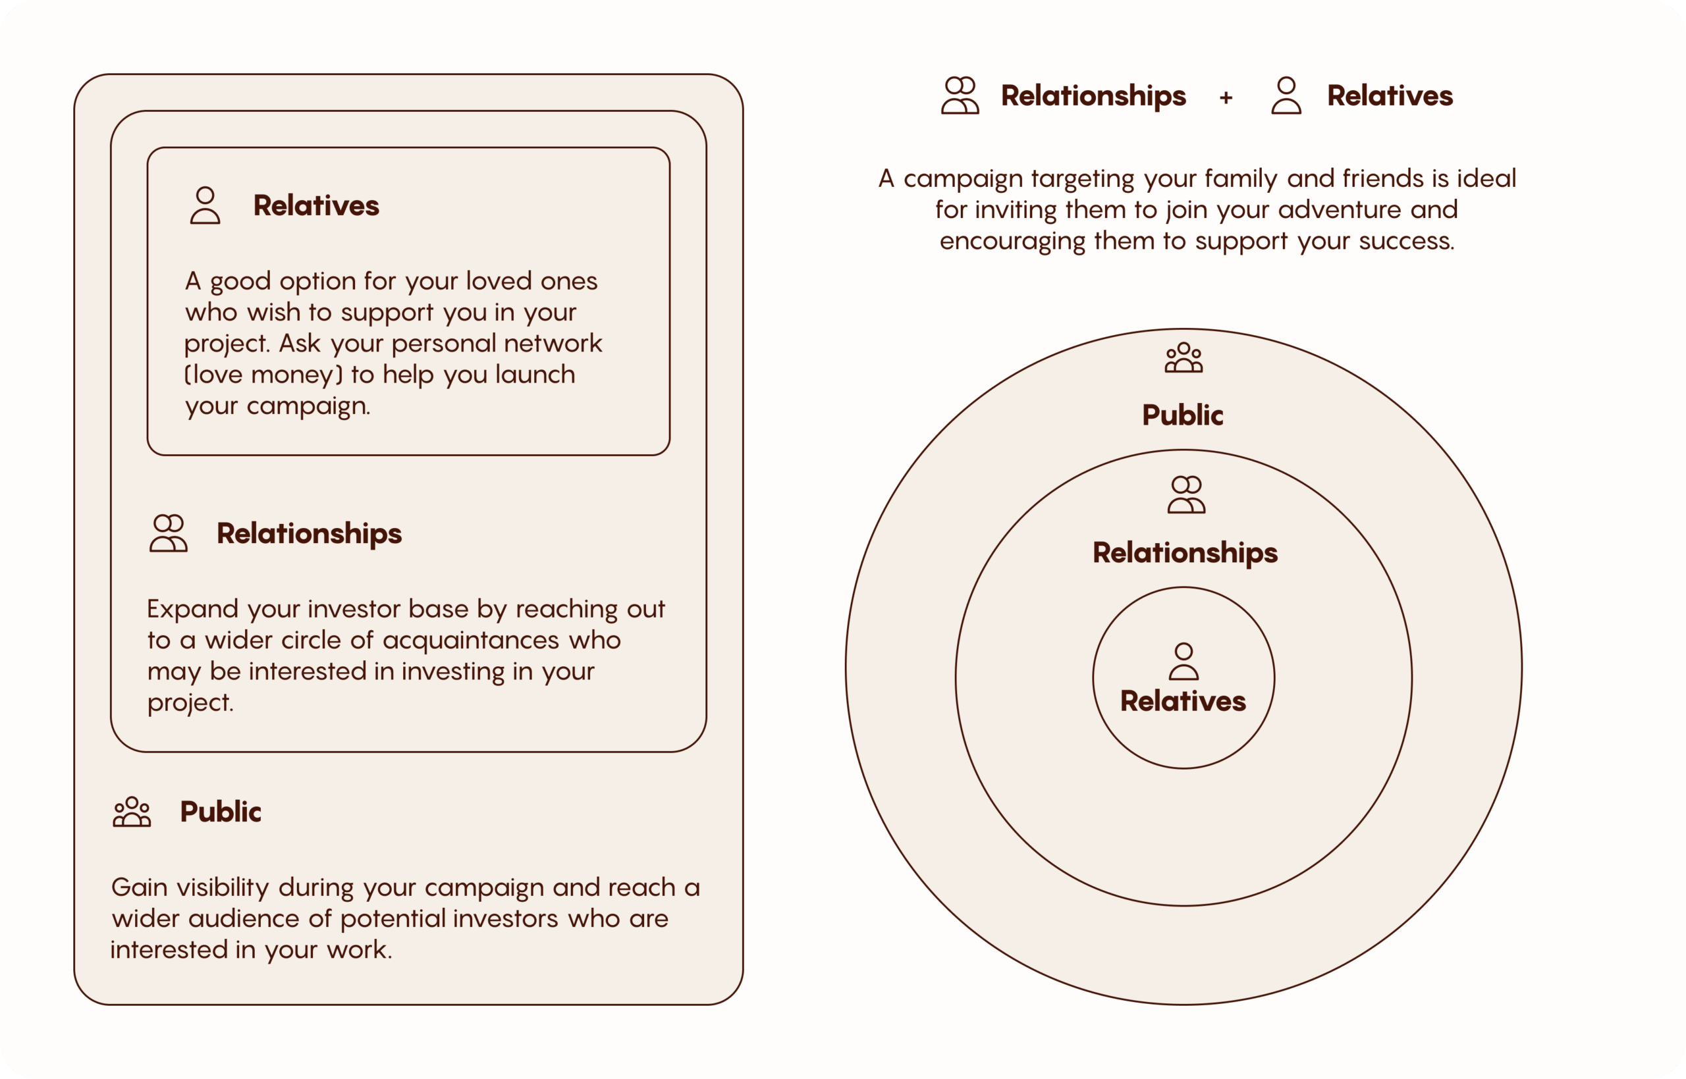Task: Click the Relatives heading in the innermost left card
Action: pyautogui.click(x=316, y=205)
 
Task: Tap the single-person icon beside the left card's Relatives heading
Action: pyautogui.click(x=205, y=205)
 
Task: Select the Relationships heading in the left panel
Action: pyautogui.click(x=309, y=533)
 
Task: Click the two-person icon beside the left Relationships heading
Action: pyautogui.click(x=168, y=533)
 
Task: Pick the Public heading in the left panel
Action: pyautogui.click(x=221, y=811)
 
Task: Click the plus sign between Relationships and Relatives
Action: pyautogui.click(x=1226, y=97)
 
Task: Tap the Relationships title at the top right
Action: pyautogui.click(x=1093, y=96)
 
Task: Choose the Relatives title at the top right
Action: pyautogui.click(x=1390, y=96)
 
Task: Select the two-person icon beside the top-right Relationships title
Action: pyautogui.click(x=960, y=96)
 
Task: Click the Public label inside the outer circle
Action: pyautogui.click(x=1183, y=415)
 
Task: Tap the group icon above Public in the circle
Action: pyautogui.click(x=1183, y=357)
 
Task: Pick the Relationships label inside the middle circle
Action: pyautogui.click(x=1185, y=553)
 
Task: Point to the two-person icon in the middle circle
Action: pyautogui.click(x=1185, y=494)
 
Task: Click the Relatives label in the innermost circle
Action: pyautogui.click(x=1183, y=701)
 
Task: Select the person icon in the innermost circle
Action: pyautogui.click(x=1183, y=662)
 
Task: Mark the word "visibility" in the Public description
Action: pyautogui.click(x=222, y=887)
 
